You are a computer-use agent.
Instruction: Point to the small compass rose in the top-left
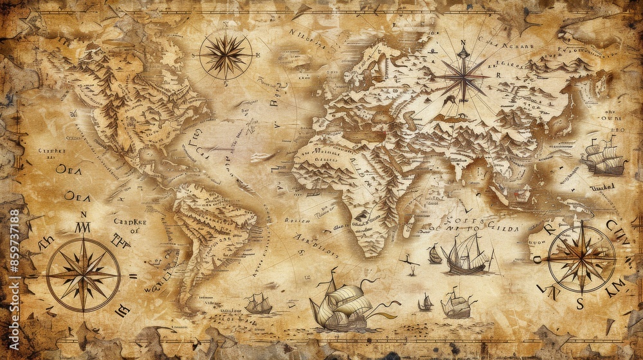pyautogui.click(x=225, y=55)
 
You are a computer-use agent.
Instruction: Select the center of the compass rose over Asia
pyautogui.click(x=462, y=77)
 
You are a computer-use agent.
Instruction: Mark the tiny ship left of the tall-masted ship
pyautogui.click(x=435, y=255)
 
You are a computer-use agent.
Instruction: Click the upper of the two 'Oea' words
pyautogui.click(x=68, y=169)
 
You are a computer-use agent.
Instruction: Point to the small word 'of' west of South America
pyautogui.click(x=134, y=231)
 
